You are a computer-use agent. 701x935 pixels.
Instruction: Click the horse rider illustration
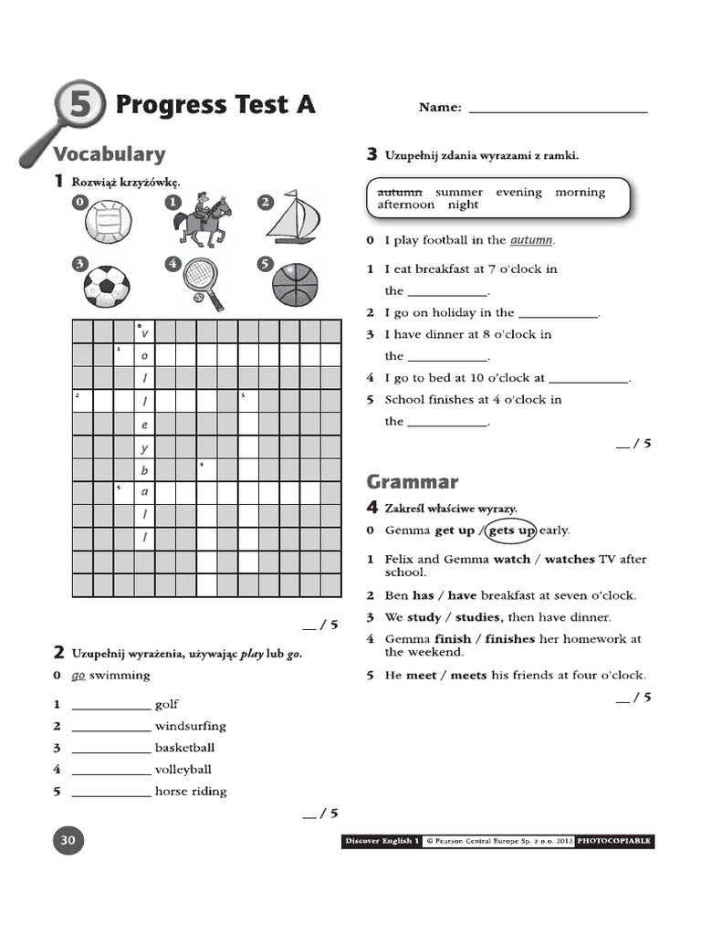(x=204, y=220)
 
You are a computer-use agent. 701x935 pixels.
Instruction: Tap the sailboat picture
(x=295, y=216)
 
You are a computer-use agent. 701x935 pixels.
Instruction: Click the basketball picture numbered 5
(x=296, y=284)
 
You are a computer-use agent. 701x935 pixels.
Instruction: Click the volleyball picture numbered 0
(x=108, y=223)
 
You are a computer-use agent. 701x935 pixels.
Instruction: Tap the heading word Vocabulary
(x=110, y=154)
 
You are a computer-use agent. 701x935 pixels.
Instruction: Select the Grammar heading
(x=413, y=481)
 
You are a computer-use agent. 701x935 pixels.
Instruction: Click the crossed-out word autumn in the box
(x=400, y=192)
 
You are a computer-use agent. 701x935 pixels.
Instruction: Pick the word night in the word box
(x=463, y=205)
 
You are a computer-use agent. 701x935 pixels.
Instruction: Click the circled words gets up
(x=512, y=531)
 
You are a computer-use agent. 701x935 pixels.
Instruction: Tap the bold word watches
(x=570, y=559)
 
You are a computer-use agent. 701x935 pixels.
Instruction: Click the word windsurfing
(x=190, y=726)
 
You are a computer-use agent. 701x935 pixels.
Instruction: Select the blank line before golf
(x=110, y=706)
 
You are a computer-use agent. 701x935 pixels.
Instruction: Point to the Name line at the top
(x=557, y=109)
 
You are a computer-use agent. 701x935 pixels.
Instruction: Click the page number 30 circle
(x=68, y=840)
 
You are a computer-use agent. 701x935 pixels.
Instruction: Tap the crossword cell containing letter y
(x=144, y=448)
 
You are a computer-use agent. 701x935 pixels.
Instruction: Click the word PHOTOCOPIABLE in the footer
(x=614, y=841)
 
